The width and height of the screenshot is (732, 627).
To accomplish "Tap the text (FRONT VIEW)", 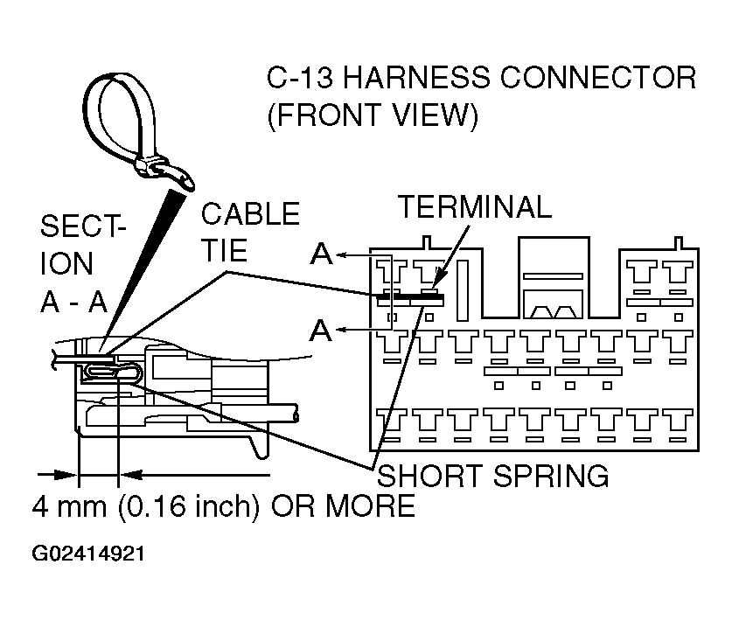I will (x=372, y=115).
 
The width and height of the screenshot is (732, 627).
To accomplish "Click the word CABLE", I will (x=250, y=214).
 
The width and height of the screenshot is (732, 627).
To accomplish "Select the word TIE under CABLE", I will (x=226, y=252).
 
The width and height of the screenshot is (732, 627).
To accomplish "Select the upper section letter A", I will (x=322, y=254).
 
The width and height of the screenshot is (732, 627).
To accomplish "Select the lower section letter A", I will (x=322, y=331).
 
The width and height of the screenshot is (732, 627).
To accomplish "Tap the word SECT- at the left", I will (x=82, y=226).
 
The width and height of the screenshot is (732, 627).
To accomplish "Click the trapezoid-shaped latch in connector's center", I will (x=552, y=308).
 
